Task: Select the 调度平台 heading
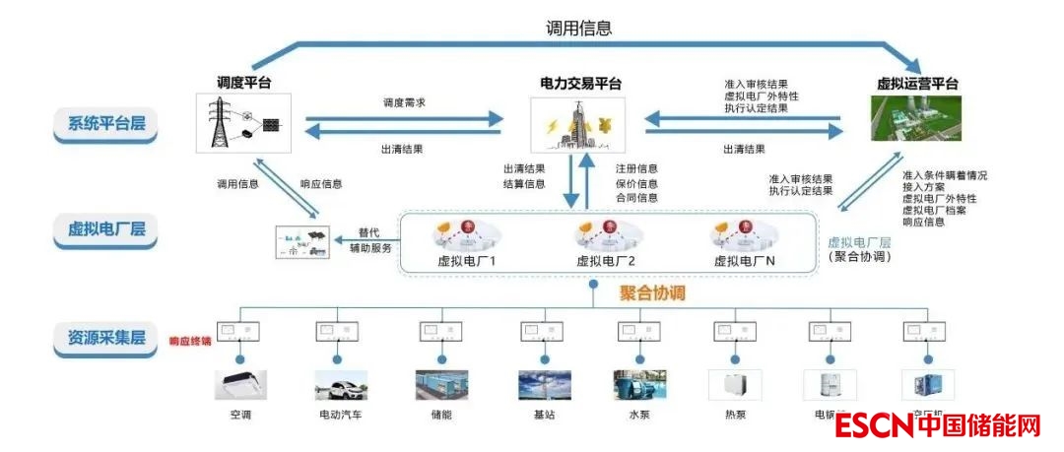pos(244,83)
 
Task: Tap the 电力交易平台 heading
pos(581,84)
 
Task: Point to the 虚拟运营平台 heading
pos(917,84)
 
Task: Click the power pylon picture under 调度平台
pos(244,123)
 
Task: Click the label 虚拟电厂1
pos(465,261)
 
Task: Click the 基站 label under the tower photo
pos(543,415)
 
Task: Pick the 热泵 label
pos(736,415)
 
